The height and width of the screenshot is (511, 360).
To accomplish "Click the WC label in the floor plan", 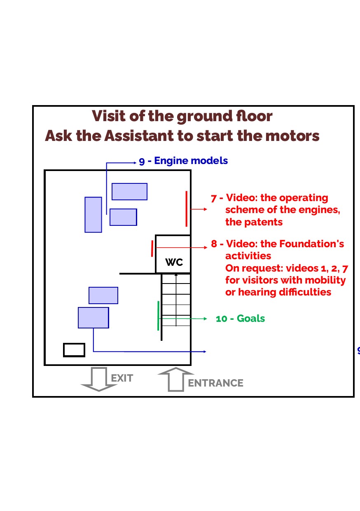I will click(174, 262).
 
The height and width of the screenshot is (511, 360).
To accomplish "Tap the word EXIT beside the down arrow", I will click(122, 378).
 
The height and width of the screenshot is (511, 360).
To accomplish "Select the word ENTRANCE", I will click(215, 383).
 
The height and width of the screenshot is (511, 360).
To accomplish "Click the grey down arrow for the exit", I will click(99, 379).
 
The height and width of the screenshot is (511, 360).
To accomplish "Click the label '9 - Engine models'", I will click(183, 161).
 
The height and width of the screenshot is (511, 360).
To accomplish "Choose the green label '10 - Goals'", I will click(240, 319).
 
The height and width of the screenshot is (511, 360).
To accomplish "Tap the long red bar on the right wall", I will click(187, 209).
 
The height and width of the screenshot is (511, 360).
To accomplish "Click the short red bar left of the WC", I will click(152, 248).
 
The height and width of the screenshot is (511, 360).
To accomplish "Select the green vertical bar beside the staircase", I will click(158, 316).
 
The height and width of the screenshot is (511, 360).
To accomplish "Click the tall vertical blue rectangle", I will click(94, 215).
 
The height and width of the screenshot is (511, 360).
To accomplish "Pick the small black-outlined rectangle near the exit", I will click(74, 350).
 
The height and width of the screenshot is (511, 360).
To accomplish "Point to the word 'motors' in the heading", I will click(294, 136).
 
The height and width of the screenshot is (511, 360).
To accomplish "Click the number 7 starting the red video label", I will click(214, 199).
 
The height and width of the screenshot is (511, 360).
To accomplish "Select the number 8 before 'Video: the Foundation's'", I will click(214, 244).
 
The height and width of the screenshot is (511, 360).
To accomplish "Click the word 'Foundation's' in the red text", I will click(312, 244).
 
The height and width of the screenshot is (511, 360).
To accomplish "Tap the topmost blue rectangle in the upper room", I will click(130, 192).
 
